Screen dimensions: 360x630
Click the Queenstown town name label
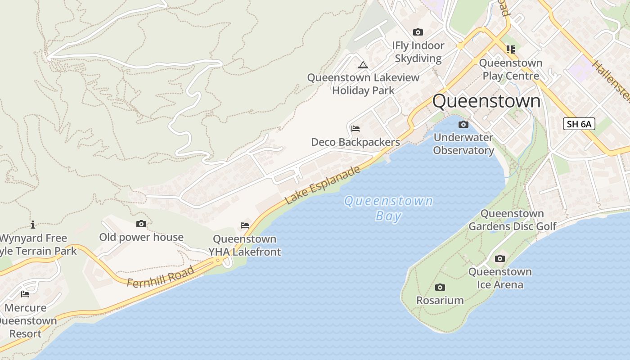[x=486, y=101]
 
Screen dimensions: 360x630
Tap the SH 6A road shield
[x=579, y=124]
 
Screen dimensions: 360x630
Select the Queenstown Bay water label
[x=388, y=208]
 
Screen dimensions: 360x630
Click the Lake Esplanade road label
[x=323, y=184]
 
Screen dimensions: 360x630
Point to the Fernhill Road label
[x=161, y=277]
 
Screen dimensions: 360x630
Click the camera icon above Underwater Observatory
[x=463, y=125]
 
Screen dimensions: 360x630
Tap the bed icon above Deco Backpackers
[x=355, y=129]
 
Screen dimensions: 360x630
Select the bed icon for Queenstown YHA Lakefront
[x=245, y=225]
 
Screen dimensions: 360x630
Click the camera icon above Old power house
[x=141, y=224]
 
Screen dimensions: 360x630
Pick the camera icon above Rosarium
[x=440, y=288]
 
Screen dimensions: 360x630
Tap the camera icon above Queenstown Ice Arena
[x=500, y=259]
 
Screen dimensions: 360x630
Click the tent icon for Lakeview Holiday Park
[x=363, y=65]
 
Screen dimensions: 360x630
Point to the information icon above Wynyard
[x=33, y=225]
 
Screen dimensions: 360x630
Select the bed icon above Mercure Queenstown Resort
[x=25, y=294]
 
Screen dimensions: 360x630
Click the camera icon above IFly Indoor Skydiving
[x=418, y=32]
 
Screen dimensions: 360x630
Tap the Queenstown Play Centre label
[x=511, y=69]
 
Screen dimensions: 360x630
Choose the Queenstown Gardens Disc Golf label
[x=513, y=220]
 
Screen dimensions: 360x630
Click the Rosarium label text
[x=440, y=300]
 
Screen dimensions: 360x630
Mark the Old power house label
[x=141, y=237]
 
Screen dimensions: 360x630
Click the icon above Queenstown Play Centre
[x=510, y=49]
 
